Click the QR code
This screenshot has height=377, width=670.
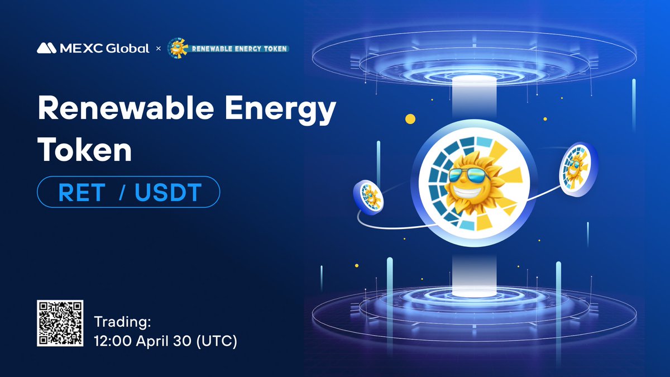60,322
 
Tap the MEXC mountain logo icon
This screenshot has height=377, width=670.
45,48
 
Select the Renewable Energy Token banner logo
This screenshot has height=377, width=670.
228,48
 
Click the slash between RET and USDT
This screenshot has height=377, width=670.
121,193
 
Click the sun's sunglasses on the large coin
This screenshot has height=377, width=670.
469,175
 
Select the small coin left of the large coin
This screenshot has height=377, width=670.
367,195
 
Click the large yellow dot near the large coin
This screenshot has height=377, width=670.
410,118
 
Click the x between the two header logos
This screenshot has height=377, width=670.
158,49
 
